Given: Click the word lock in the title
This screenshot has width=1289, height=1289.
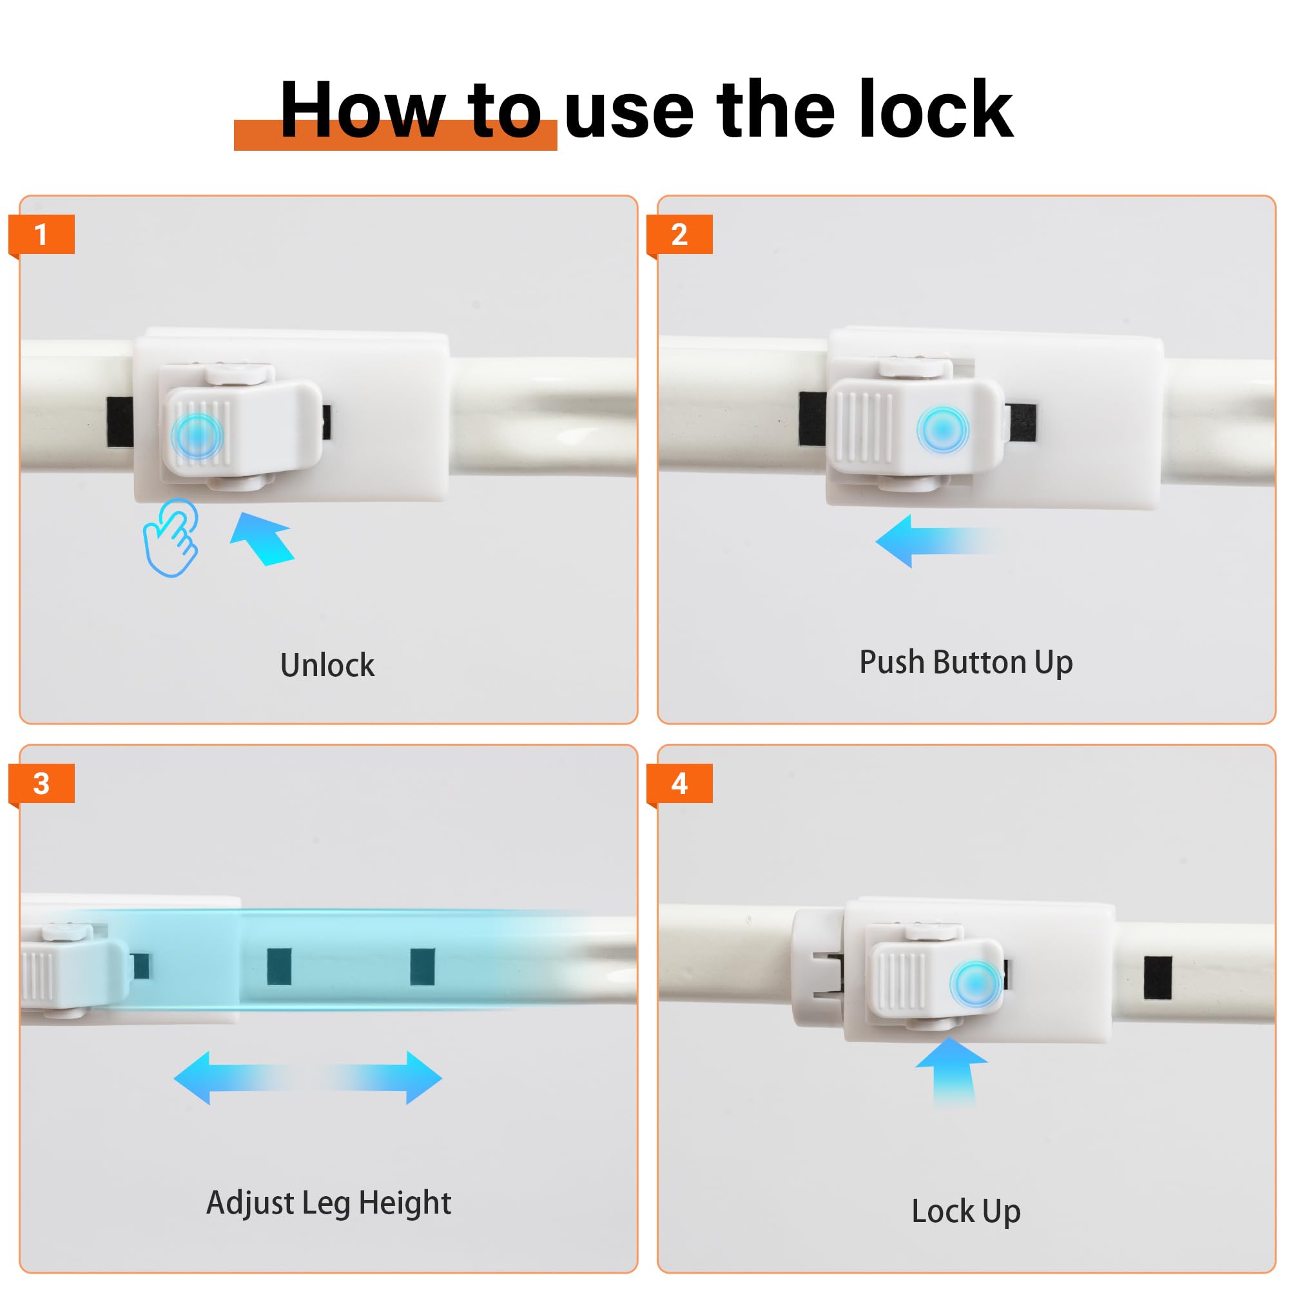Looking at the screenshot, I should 935,110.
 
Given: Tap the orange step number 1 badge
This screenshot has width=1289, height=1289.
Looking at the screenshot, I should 41,234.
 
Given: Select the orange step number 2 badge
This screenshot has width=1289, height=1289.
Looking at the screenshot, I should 679,234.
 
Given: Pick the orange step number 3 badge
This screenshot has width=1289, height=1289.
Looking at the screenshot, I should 41,783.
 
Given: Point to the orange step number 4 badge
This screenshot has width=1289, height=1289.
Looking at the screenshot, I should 679,783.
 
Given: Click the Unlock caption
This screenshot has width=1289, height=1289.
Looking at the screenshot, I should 327,665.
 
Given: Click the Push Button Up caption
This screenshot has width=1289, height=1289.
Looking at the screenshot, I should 965,663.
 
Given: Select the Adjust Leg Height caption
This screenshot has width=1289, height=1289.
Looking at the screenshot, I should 328,1203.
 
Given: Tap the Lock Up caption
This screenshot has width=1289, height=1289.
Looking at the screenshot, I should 965,1211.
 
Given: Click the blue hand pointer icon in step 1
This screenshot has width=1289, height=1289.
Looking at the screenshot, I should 171,538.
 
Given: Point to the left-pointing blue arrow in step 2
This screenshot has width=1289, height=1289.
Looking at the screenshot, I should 934,541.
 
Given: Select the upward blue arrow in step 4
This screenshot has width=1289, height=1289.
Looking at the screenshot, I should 952,1071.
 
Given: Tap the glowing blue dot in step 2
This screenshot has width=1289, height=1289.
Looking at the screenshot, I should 942,431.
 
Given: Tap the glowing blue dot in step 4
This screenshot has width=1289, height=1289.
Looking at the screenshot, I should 974,984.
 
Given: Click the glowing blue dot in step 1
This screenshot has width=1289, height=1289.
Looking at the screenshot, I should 196,435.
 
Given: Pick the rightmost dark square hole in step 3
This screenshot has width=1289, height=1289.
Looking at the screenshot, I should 422,967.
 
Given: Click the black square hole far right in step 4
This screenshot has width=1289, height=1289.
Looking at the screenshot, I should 1158,978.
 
